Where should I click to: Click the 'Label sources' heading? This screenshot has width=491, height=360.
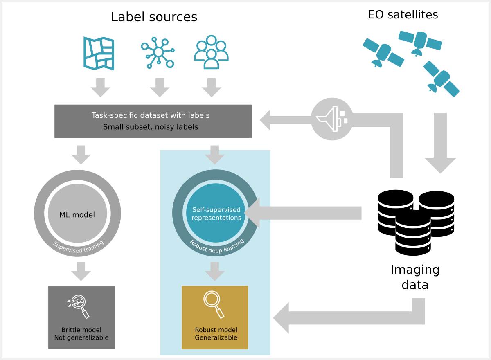click(x=154, y=17)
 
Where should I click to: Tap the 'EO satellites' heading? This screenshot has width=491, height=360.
click(x=403, y=15)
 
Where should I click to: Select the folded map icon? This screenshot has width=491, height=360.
click(x=99, y=53)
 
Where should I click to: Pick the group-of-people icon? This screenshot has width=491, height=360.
click(x=211, y=52)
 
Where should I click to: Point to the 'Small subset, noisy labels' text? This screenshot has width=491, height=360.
click(x=151, y=127)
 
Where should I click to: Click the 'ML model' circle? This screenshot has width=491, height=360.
click(x=77, y=214)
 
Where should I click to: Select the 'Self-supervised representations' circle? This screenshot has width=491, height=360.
click(x=216, y=214)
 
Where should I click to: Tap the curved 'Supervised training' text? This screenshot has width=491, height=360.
click(x=78, y=245)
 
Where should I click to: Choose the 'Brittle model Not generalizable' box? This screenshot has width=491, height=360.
click(x=81, y=317)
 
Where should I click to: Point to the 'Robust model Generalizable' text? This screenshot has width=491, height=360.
click(x=216, y=334)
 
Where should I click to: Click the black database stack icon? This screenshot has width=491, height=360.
click(x=415, y=221)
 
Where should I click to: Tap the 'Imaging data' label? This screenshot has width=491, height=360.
click(x=414, y=277)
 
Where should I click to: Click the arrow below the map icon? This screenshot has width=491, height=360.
click(x=100, y=87)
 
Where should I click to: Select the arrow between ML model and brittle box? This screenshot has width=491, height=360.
click(x=81, y=271)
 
